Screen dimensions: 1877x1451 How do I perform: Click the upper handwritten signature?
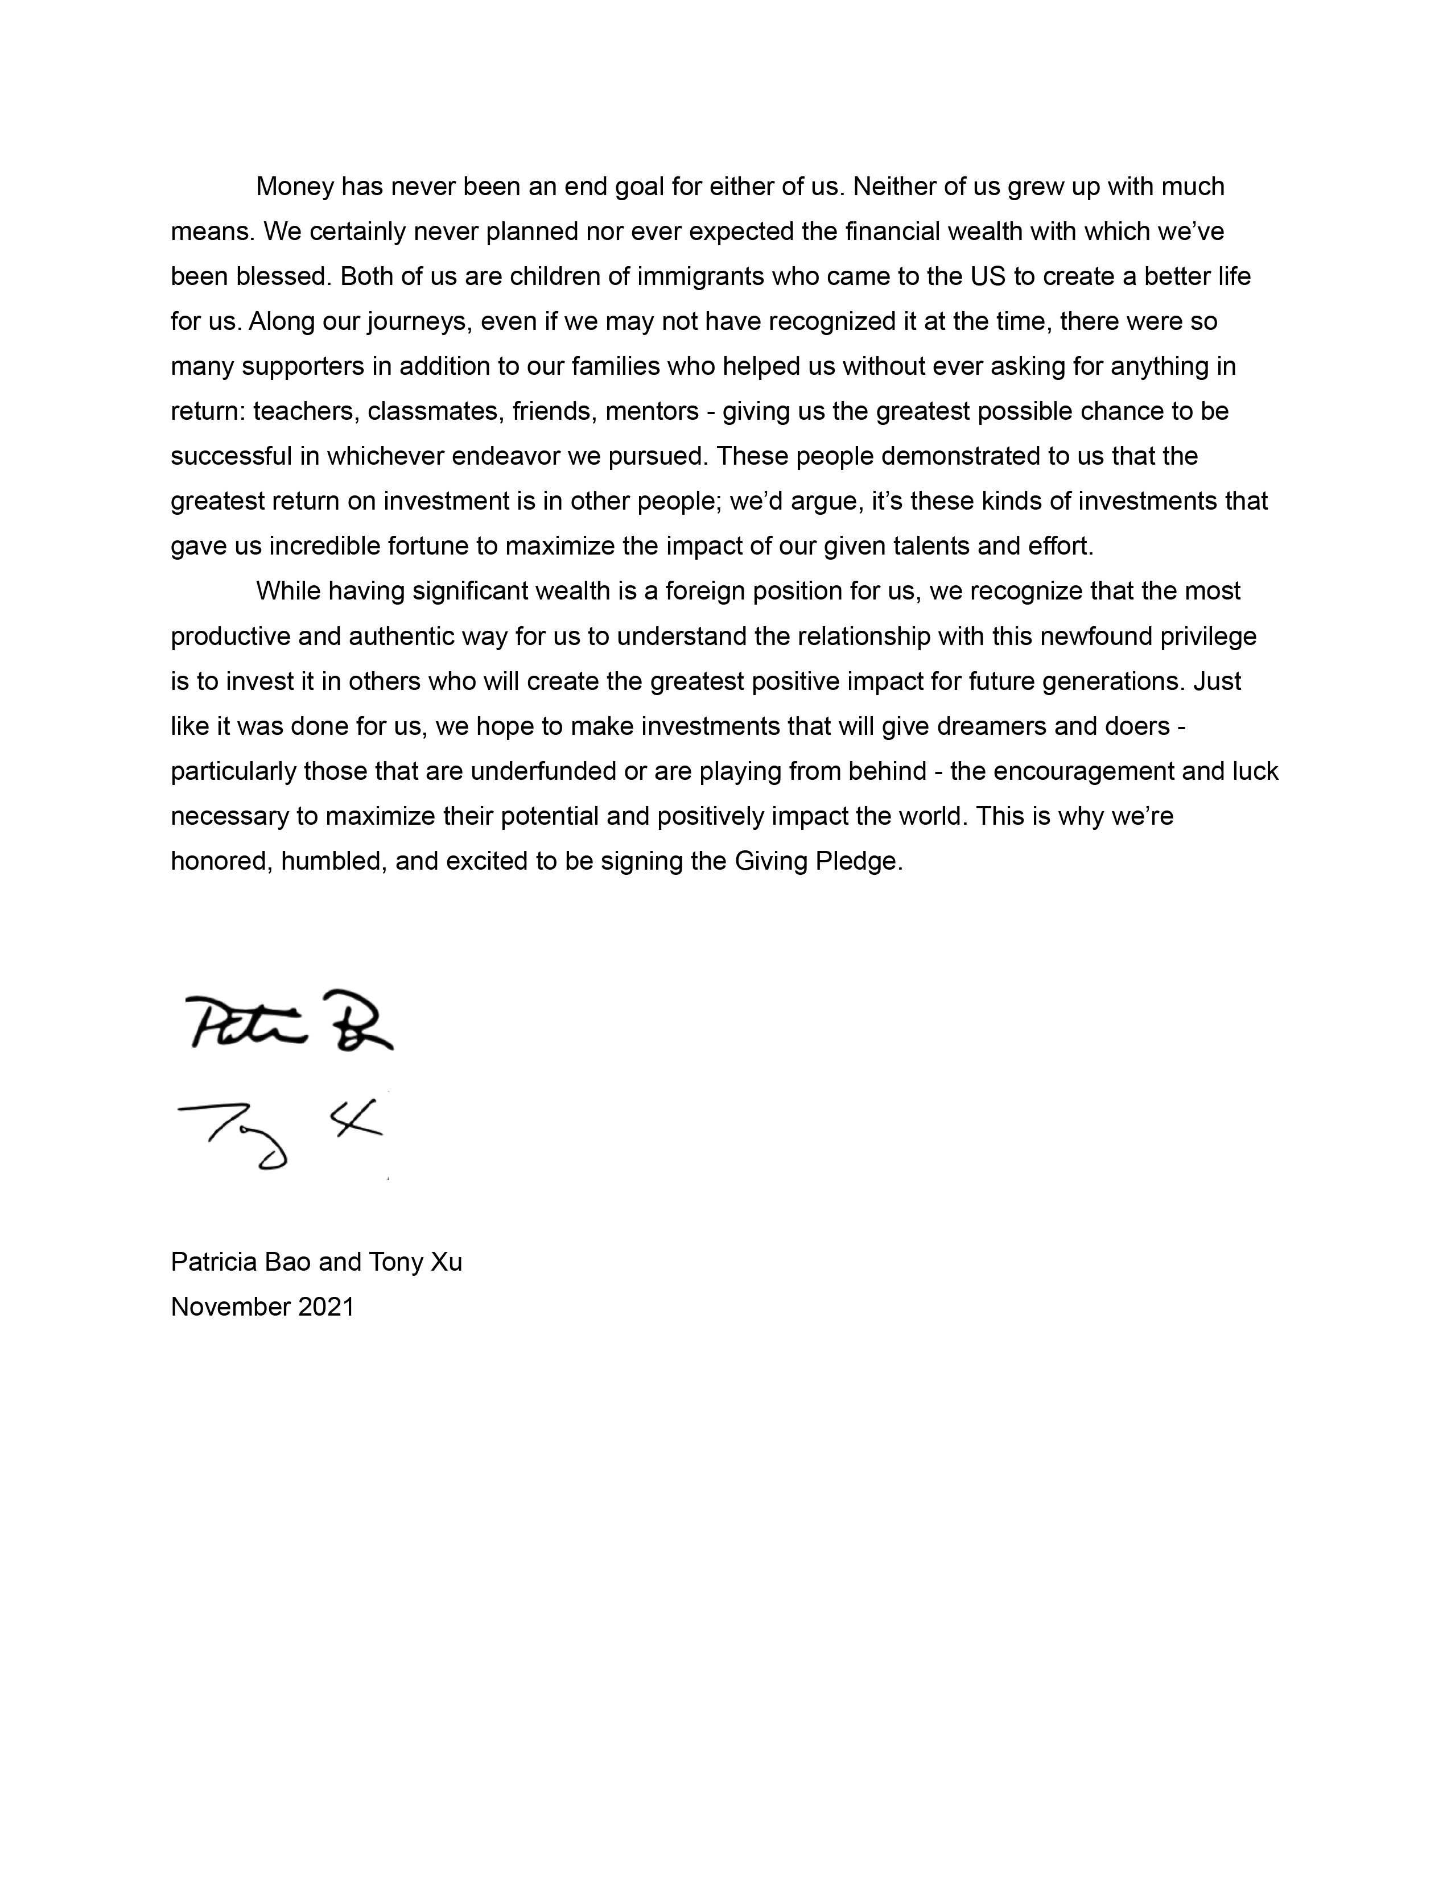tap(288, 1022)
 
